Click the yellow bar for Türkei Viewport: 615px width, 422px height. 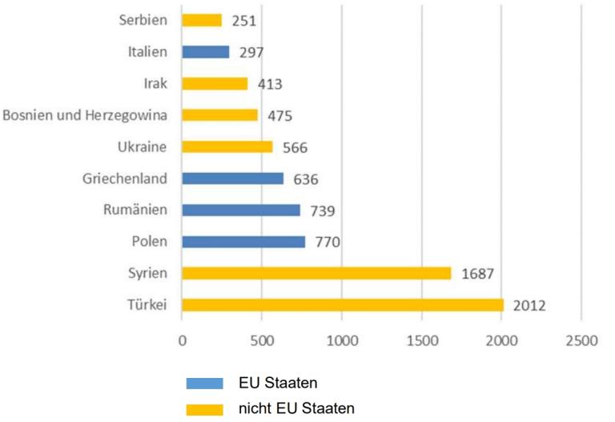(x=342, y=305)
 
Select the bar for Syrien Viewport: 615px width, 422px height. (x=316, y=273)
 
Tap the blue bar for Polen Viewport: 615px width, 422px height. (x=243, y=242)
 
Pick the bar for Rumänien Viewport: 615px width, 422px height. (x=241, y=210)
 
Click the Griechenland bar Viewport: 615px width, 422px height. (x=232, y=179)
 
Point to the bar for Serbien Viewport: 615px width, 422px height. (x=202, y=20)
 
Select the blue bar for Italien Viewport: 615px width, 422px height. (x=206, y=52)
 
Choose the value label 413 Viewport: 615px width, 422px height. (x=268, y=84)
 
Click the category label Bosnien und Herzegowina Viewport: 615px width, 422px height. (x=86, y=115)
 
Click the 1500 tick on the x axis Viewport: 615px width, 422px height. (x=421, y=340)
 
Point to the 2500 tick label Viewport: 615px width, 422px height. (x=581, y=340)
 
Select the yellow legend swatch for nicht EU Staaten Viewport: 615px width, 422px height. (x=204, y=409)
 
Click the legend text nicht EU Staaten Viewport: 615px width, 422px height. (x=295, y=408)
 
